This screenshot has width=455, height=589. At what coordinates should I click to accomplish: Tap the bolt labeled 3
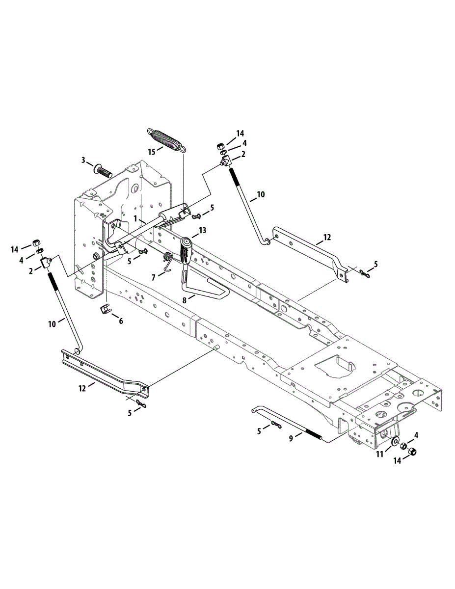(103, 171)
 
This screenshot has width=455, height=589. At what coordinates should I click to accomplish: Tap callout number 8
(185, 299)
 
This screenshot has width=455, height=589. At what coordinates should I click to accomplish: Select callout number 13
(202, 230)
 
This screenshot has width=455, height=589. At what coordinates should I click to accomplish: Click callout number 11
(379, 455)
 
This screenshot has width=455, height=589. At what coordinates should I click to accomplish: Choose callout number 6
(121, 321)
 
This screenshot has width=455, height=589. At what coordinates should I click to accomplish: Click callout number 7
(154, 277)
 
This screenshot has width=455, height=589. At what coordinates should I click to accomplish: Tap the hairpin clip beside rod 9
(275, 425)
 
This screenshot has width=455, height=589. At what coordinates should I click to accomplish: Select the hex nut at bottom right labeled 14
(412, 452)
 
